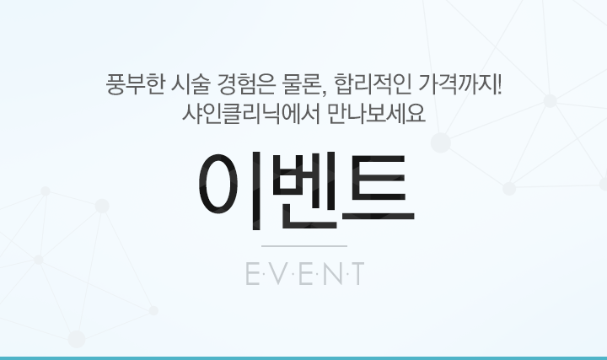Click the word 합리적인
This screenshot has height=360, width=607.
372,83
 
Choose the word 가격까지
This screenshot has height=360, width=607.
455,83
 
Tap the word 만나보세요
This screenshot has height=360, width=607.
376,114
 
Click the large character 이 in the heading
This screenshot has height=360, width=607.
229,191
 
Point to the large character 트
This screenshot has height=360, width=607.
379,188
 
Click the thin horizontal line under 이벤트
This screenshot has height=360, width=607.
304,246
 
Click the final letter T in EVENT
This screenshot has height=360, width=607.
357,273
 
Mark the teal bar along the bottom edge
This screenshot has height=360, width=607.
303,358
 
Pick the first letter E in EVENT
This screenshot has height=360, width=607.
252,273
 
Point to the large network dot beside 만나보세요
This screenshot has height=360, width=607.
441,142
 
